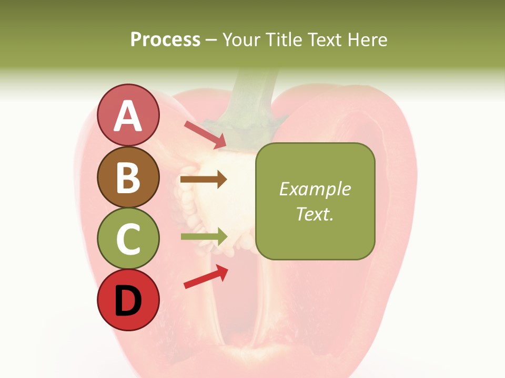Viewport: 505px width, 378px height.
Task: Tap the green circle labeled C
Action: tap(128, 239)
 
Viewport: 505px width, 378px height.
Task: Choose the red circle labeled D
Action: tap(128, 300)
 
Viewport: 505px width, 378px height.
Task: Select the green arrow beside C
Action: tap(204, 236)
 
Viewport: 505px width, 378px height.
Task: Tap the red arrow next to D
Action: tap(206, 276)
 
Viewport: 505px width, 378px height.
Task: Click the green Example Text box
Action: tap(315, 202)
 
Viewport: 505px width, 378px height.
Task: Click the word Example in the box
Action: tap(315, 189)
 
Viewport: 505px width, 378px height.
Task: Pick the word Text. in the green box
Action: tap(315, 214)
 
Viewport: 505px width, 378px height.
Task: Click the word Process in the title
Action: tap(165, 39)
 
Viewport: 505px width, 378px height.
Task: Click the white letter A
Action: tap(128, 115)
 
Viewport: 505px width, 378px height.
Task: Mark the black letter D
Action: tap(128, 301)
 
